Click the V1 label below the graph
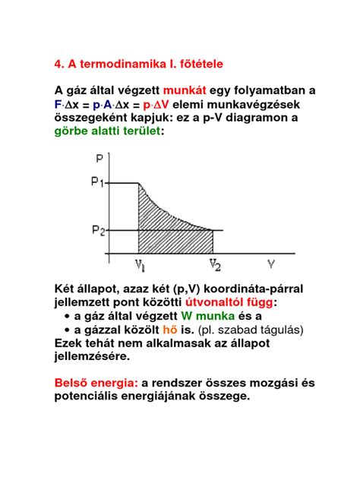(x=141, y=264)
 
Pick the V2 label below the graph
(x=215, y=264)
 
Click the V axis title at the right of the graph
(x=271, y=264)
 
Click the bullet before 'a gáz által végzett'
(x=68, y=316)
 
